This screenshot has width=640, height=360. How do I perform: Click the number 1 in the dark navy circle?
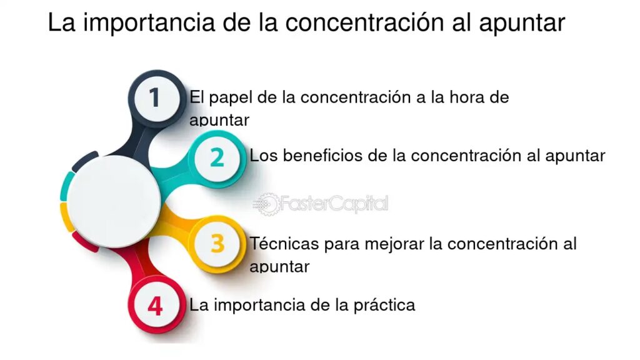(x=154, y=97)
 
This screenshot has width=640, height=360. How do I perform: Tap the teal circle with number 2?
(x=217, y=158)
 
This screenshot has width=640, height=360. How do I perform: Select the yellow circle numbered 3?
(x=217, y=244)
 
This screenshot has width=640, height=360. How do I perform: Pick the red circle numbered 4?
(x=155, y=305)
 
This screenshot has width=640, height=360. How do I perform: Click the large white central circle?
(x=114, y=202)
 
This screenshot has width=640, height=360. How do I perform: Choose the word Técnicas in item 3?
(x=284, y=243)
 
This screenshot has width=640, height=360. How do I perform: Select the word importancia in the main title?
(x=149, y=23)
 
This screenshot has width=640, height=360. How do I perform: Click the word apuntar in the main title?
(x=522, y=24)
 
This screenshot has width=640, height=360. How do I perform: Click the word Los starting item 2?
(x=264, y=156)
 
